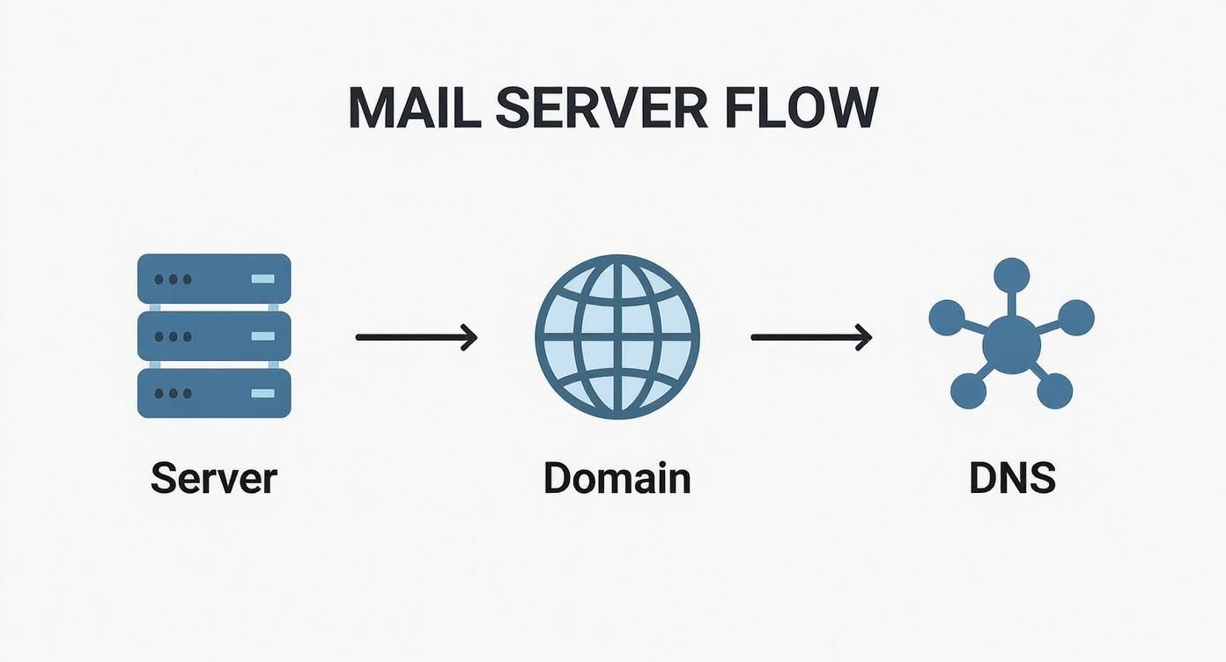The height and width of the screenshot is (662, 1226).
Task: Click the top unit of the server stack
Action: point(214,279)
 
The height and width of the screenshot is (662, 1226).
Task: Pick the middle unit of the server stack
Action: point(214,335)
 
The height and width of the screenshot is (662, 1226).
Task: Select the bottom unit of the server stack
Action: point(214,393)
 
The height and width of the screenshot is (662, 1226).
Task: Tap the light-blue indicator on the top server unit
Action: point(262,279)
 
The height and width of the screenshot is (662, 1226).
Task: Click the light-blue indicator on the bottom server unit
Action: point(262,393)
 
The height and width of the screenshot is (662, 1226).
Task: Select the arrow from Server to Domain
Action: point(417,336)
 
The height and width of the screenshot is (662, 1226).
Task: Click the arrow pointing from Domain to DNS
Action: point(811,336)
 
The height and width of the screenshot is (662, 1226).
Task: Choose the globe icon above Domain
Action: point(617,336)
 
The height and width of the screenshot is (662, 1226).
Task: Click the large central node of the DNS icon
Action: point(1011,344)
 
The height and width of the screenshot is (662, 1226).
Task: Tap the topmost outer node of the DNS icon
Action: point(1011,275)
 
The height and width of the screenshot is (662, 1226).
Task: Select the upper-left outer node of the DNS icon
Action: point(947,318)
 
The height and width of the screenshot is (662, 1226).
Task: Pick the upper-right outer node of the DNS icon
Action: point(1075,317)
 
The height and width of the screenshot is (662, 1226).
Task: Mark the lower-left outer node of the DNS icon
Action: point(968,391)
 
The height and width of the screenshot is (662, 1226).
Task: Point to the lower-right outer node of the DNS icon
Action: point(1054,391)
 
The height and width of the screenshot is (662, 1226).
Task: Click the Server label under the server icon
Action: point(214,478)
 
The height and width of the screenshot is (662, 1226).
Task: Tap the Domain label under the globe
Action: point(617,478)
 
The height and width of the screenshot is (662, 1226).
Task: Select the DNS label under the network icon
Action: point(1012,478)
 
